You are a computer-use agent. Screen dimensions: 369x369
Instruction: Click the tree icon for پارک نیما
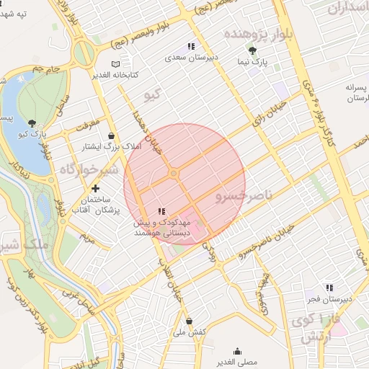(x=252, y=50)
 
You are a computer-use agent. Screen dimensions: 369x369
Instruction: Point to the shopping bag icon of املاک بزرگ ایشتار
(x=111, y=135)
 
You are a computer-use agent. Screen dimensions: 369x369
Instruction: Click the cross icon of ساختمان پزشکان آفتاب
(x=95, y=188)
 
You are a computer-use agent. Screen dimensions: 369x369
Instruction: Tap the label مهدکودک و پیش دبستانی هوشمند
(x=161, y=228)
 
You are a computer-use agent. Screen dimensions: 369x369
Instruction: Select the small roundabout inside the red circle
(x=174, y=174)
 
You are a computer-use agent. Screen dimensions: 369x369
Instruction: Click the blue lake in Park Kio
(x=20, y=115)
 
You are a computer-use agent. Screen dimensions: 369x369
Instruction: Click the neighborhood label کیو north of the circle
(x=151, y=94)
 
